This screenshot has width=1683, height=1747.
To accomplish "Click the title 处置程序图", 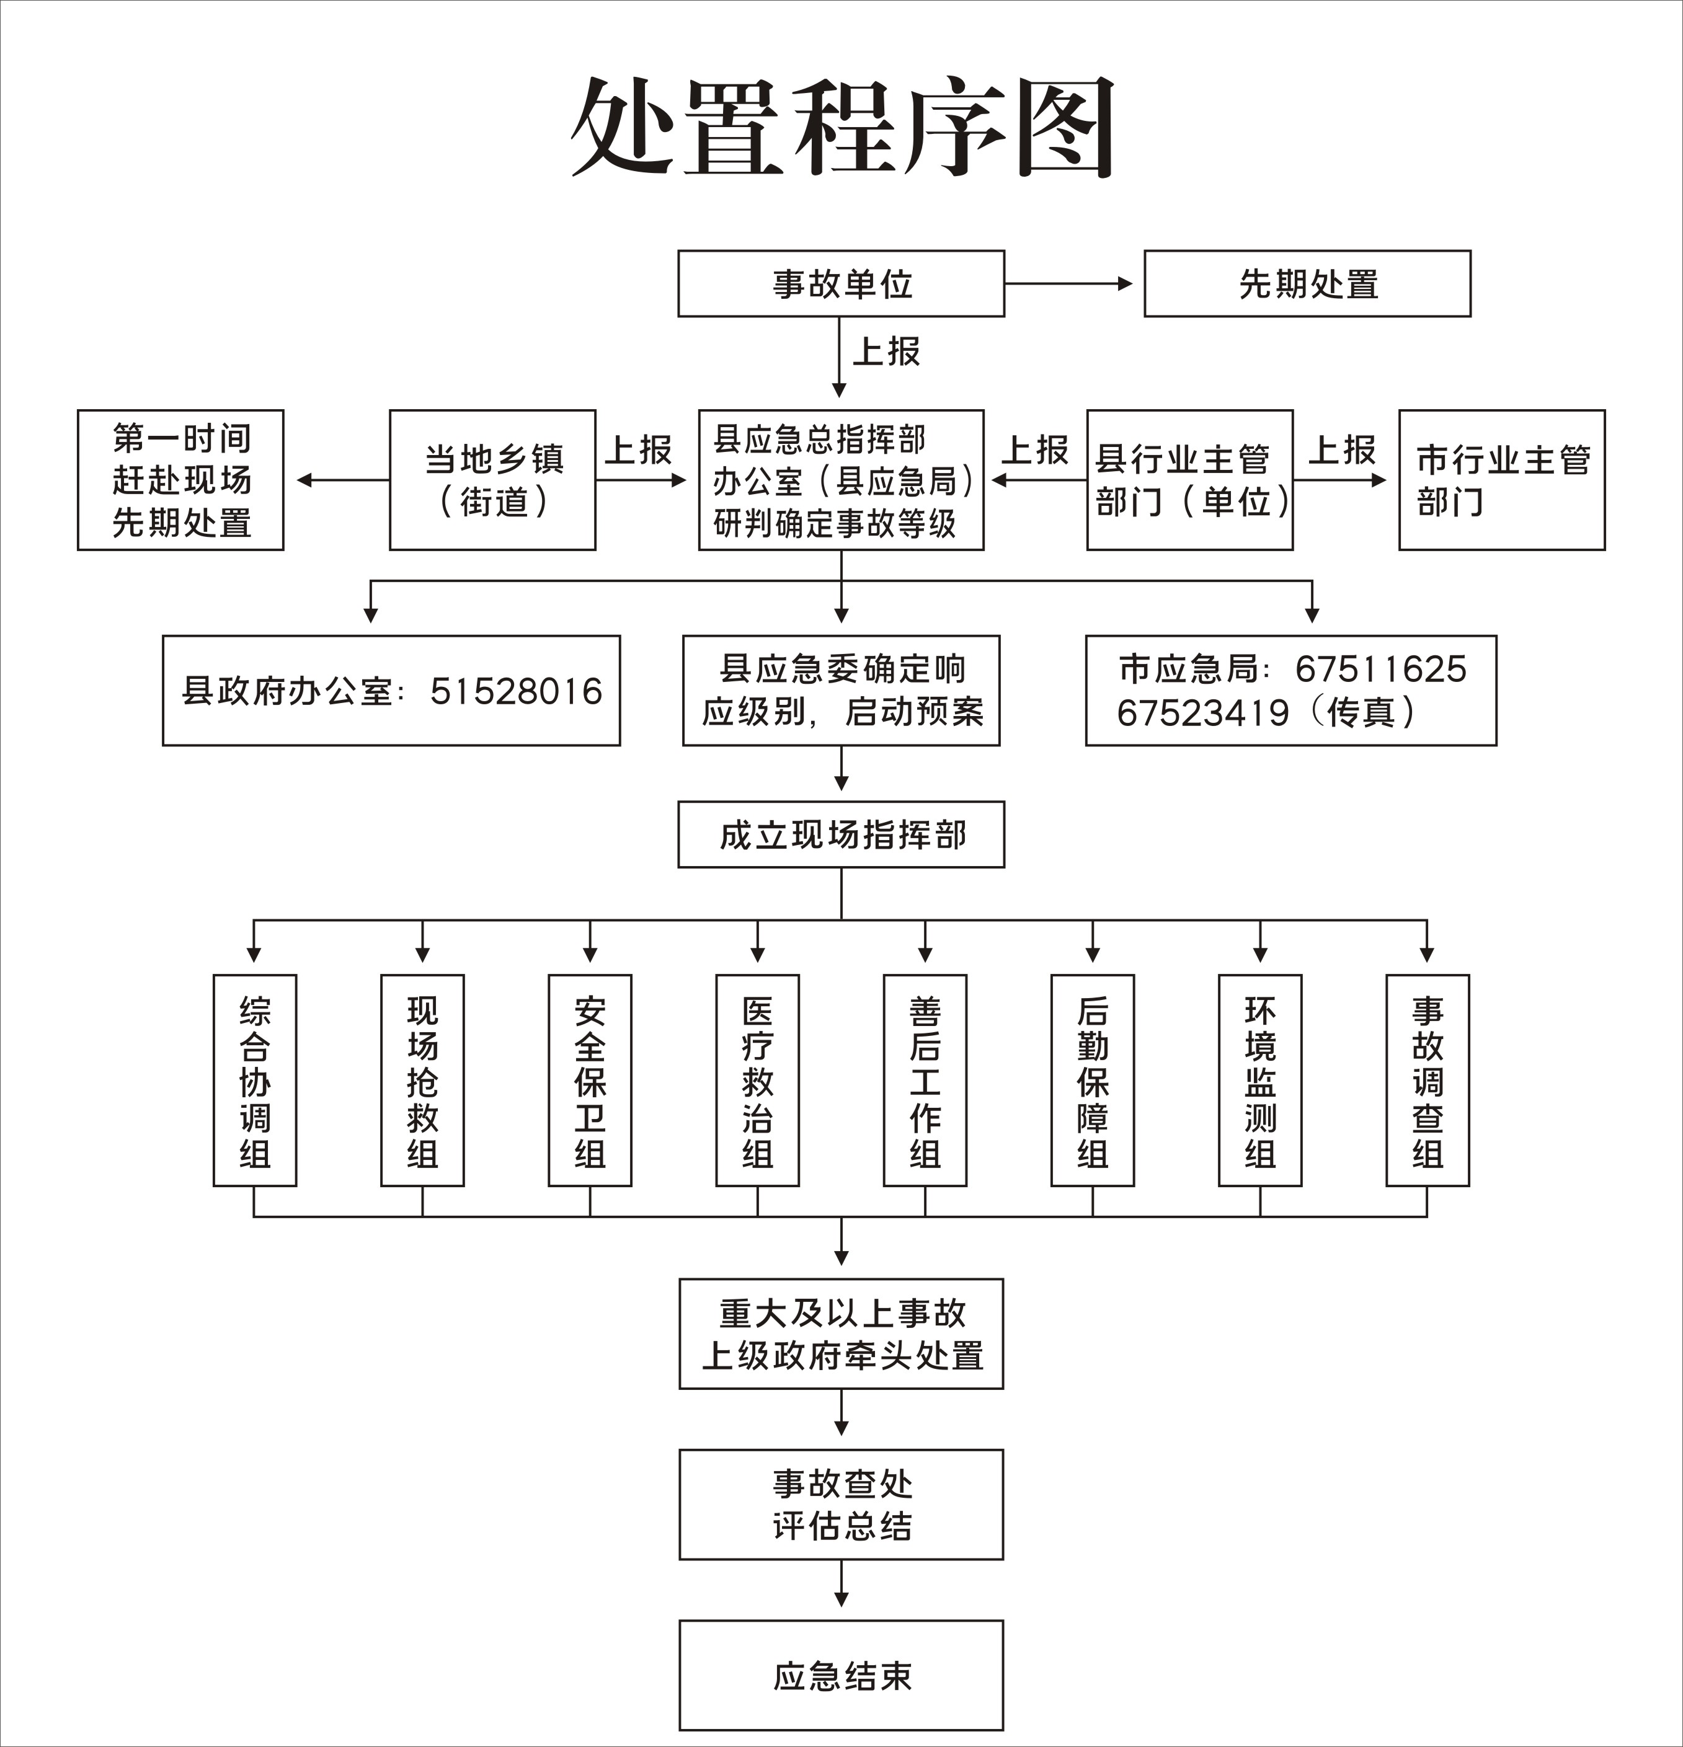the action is click(x=842, y=126).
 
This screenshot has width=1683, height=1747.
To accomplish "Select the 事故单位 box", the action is click(x=841, y=283).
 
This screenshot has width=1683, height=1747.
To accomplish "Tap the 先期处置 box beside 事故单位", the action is click(x=1307, y=283).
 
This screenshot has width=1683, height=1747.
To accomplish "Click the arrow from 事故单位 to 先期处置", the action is click(x=1068, y=283).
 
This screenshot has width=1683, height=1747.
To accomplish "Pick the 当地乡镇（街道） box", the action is click(x=492, y=480).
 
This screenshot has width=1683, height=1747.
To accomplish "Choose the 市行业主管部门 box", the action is click(x=1502, y=480).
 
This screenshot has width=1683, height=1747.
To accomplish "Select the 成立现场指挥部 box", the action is click(x=841, y=834).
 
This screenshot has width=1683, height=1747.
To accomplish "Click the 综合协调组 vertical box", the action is click(x=255, y=1081).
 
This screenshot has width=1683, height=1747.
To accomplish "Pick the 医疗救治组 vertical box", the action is click(x=758, y=1081).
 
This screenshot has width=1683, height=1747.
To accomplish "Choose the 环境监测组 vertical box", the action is click(x=1261, y=1081).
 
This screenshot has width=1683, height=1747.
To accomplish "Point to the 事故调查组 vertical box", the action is click(x=1427, y=1081).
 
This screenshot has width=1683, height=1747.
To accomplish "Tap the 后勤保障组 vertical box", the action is click(x=1093, y=1081).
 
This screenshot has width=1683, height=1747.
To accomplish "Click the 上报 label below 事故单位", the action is click(x=886, y=351).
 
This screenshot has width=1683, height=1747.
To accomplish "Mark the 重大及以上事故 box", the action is click(x=841, y=1334).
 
